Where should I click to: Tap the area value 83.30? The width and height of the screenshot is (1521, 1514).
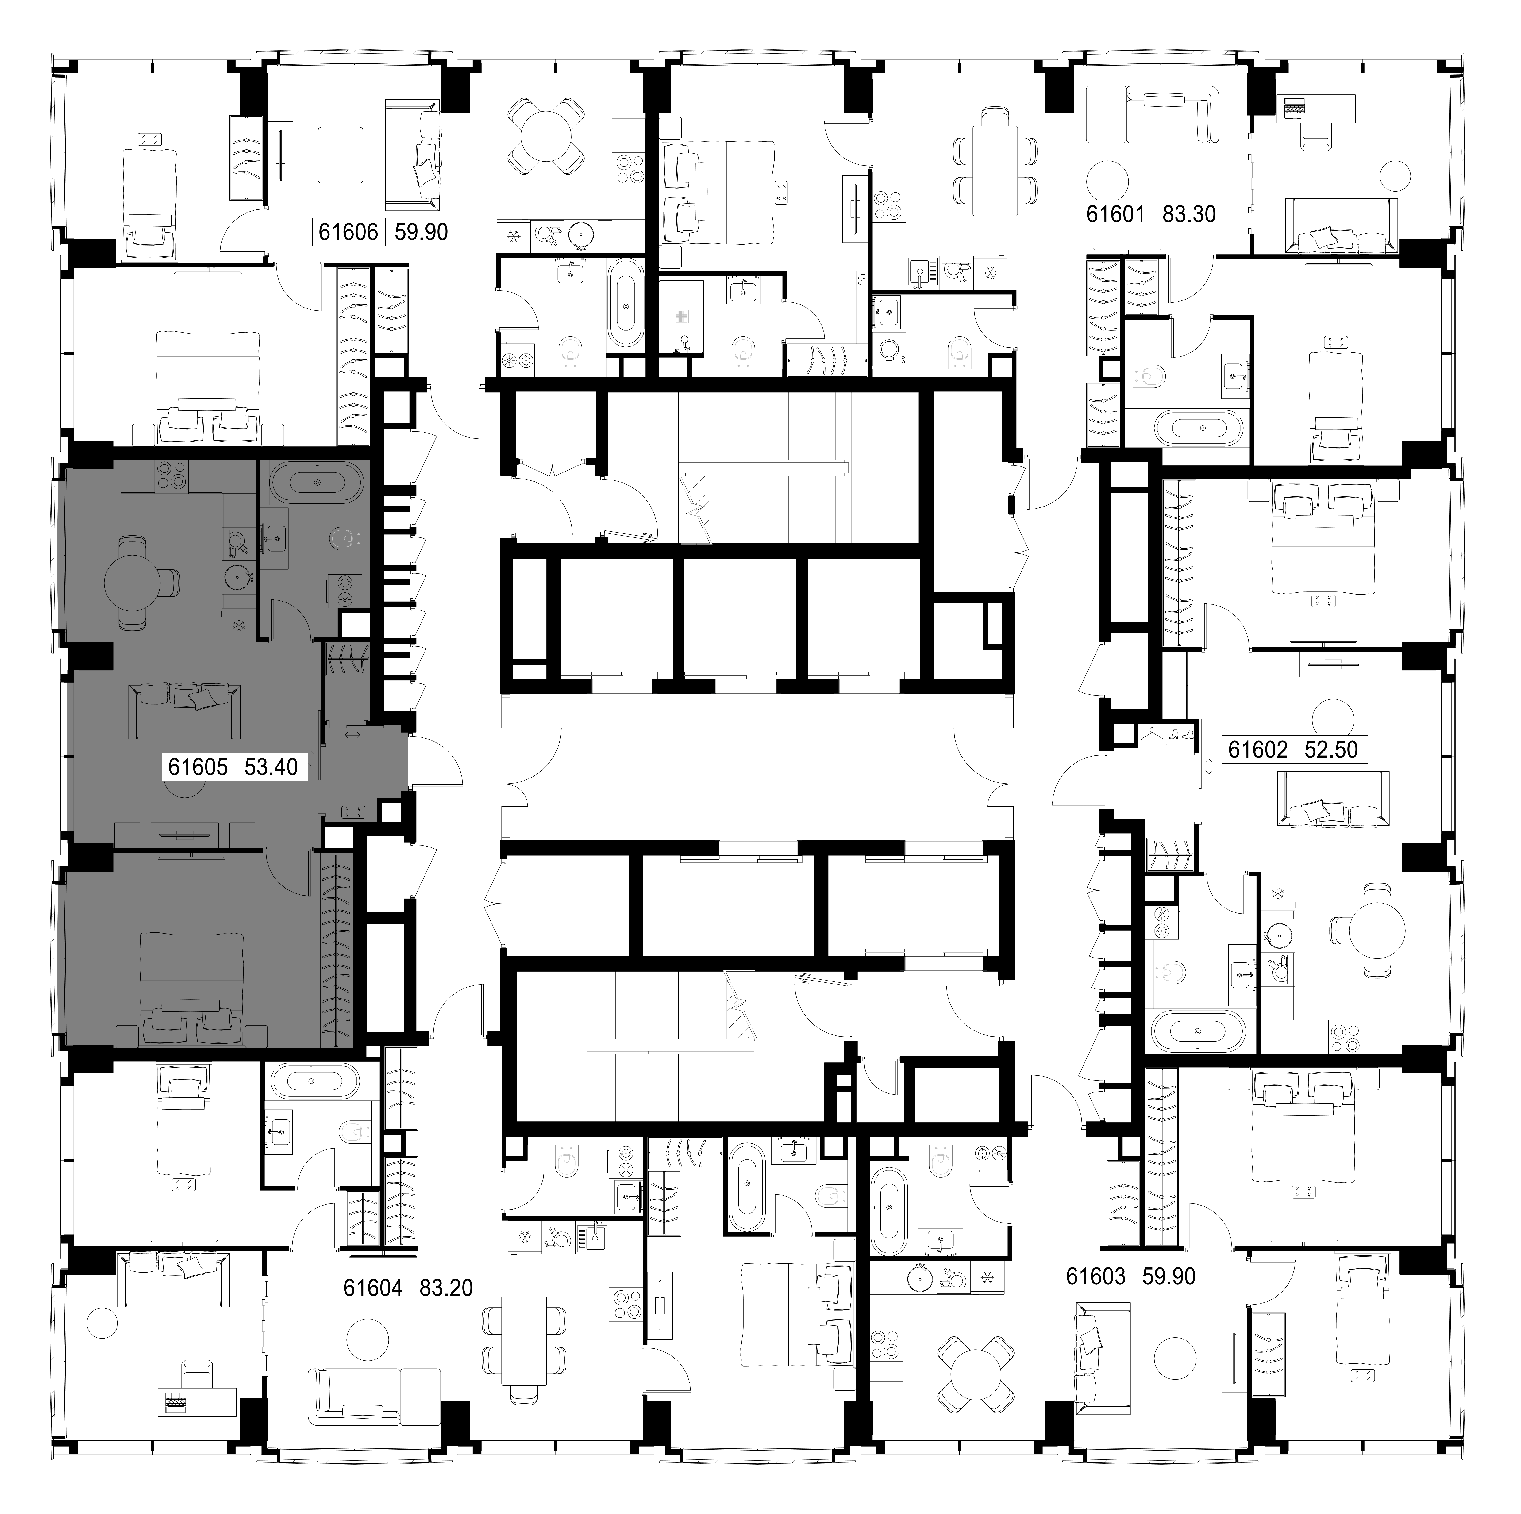(x=1189, y=214)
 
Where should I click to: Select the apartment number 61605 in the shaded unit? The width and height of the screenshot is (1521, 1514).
(x=198, y=767)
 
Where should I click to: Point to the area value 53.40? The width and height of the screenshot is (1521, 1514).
(x=271, y=767)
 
